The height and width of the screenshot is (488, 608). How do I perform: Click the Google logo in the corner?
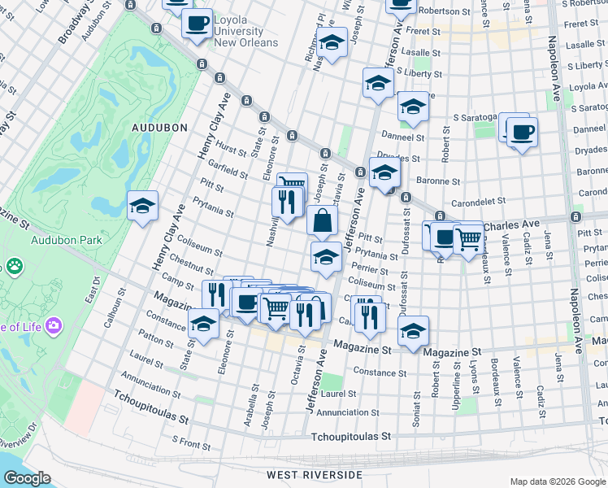[x=27, y=478]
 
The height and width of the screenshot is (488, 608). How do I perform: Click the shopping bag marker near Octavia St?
[x=323, y=220]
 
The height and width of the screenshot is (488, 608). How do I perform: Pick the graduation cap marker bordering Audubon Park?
[x=143, y=206]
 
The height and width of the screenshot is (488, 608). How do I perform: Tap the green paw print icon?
[x=14, y=266]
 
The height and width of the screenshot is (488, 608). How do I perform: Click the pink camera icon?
[x=54, y=325]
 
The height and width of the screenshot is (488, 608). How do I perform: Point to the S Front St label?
[x=190, y=443]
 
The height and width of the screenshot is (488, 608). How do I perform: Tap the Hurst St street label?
[x=231, y=150]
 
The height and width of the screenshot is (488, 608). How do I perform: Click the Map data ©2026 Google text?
[x=558, y=481]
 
